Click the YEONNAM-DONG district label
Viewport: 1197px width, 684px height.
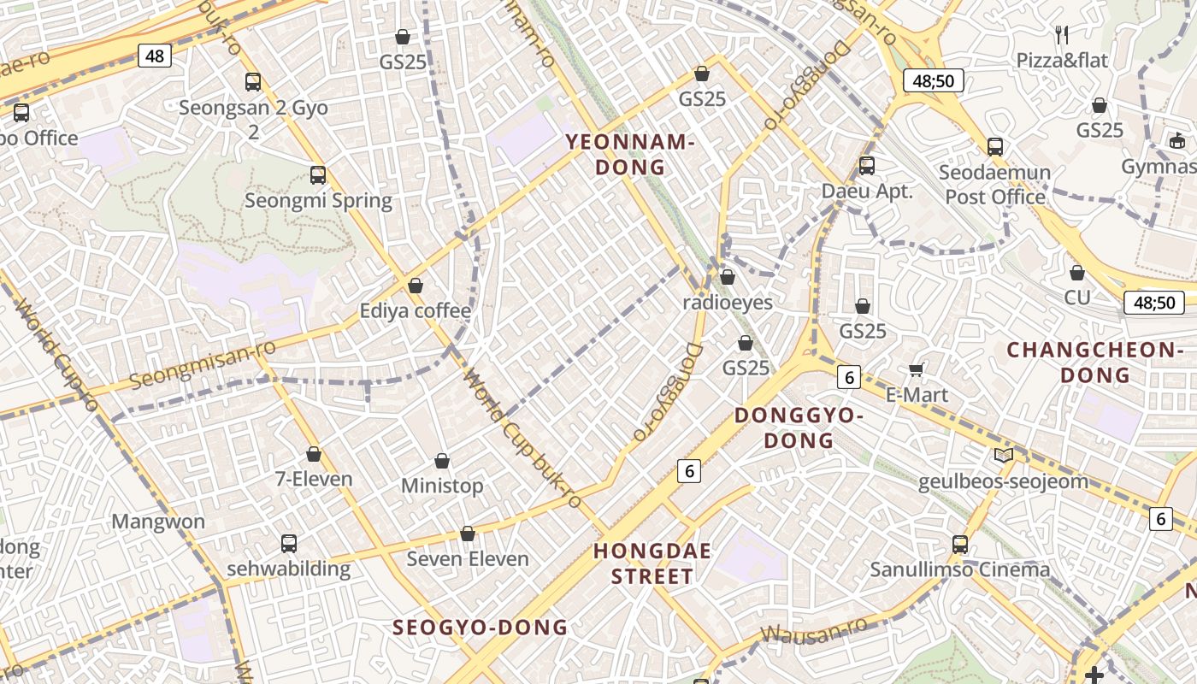tap(629, 155)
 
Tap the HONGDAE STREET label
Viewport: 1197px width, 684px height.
tap(652, 563)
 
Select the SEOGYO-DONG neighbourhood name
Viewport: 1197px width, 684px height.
tap(480, 628)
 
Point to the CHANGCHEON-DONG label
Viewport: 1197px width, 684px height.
tap(1094, 362)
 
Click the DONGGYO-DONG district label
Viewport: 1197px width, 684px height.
tap(799, 427)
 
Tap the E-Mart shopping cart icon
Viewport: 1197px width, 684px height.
tap(917, 370)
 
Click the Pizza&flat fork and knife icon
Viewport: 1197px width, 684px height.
tap(1062, 35)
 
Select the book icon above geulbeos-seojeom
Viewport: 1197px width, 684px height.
tap(1003, 456)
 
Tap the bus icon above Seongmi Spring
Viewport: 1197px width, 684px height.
tap(318, 175)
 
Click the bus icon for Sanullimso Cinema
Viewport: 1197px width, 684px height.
tap(960, 544)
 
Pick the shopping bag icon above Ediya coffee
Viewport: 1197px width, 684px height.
tap(416, 286)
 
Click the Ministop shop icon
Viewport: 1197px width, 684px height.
tap(442, 462)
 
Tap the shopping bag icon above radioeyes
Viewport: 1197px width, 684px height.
tap(727, 277)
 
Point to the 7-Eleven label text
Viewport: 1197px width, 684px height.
tap(314, 479)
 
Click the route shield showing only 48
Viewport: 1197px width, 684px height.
tap(155, 56)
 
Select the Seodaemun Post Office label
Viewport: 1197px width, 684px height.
tap(995, 185)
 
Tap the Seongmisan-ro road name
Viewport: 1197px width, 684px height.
tap(203, 363)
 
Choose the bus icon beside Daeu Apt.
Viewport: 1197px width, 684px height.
tap(867, 165)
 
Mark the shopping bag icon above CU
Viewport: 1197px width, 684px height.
tap(1076, 273)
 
